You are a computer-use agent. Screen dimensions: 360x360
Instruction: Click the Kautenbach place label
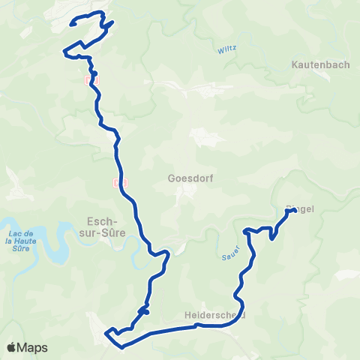pyautogui.click(x=320, y=65)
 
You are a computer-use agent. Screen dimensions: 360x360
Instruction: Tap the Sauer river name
pyautogui.click(x=230, y=252)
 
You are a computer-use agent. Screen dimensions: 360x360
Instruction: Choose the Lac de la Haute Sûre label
pyautogui.click(x=22, y=242)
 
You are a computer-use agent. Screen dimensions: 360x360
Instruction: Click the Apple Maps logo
pyautogui.click(x=27, y=347)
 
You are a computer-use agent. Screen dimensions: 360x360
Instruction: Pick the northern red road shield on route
pyautogui.click(x=92, y=77)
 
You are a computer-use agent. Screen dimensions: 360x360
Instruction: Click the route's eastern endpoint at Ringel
pyautogui.click(x=289, y=212)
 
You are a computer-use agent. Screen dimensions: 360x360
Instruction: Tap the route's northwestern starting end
pyautogui.click(x=71, y=24)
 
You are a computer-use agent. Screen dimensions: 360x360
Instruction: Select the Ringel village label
pyautogui.click(x=301, y=210)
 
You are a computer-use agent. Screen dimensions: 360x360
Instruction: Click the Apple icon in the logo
pyautogui.click(x=11, y=347)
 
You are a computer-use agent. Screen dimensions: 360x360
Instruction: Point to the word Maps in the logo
pyautogui.click(x=32, y=347)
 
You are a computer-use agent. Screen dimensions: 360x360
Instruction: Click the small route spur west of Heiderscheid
pyautogui.click(x=145, y=310)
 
